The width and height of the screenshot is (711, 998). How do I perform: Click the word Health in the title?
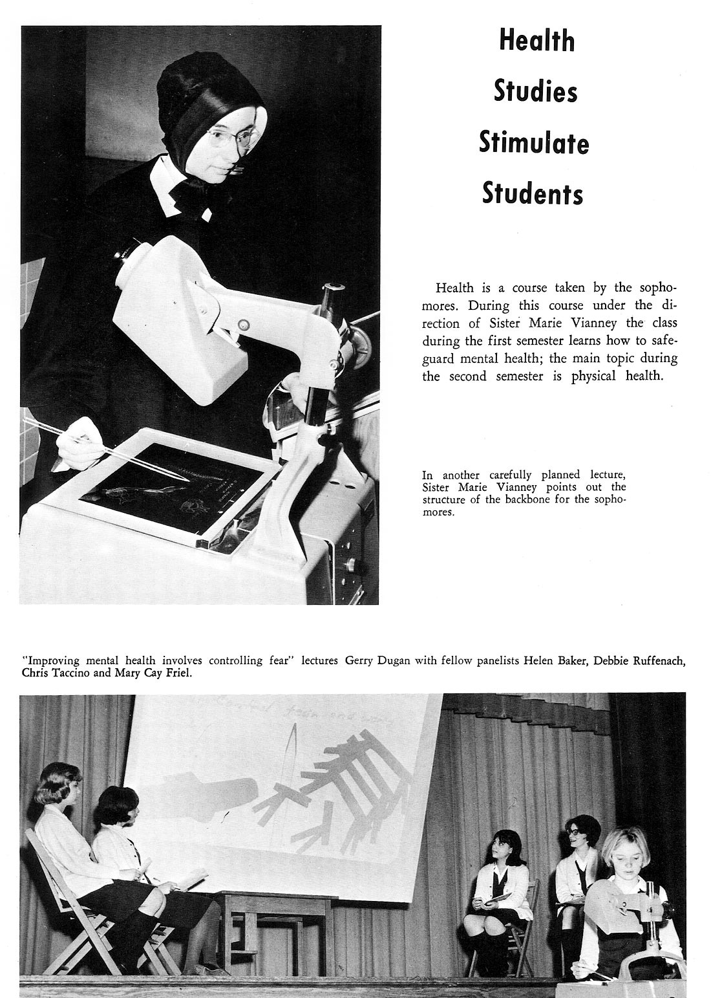[x=536, y=41]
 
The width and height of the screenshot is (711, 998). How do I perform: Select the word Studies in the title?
[x=535, y=91]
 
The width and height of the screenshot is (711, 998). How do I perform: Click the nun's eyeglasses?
[x=237, y=137]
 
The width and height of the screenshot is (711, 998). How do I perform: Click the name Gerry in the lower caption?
[x=360, y=660]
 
